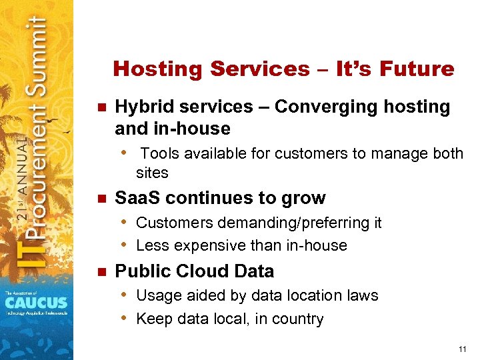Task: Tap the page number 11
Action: pos(463,349)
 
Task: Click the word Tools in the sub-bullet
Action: pos(159,154)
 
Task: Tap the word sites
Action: pos(152,173)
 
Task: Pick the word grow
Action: pos(303,198)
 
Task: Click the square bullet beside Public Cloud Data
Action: pos(102,272)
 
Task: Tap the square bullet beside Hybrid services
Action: pos(102,107)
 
